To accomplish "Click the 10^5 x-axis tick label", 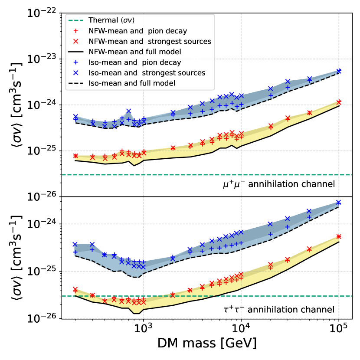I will coord(339,328).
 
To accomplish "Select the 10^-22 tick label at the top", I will coord(43,14).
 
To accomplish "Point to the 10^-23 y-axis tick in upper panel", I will coord(43,59).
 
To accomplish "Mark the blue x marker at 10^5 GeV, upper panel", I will coord(339,71).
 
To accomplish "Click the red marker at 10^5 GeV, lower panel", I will coord(339,236).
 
